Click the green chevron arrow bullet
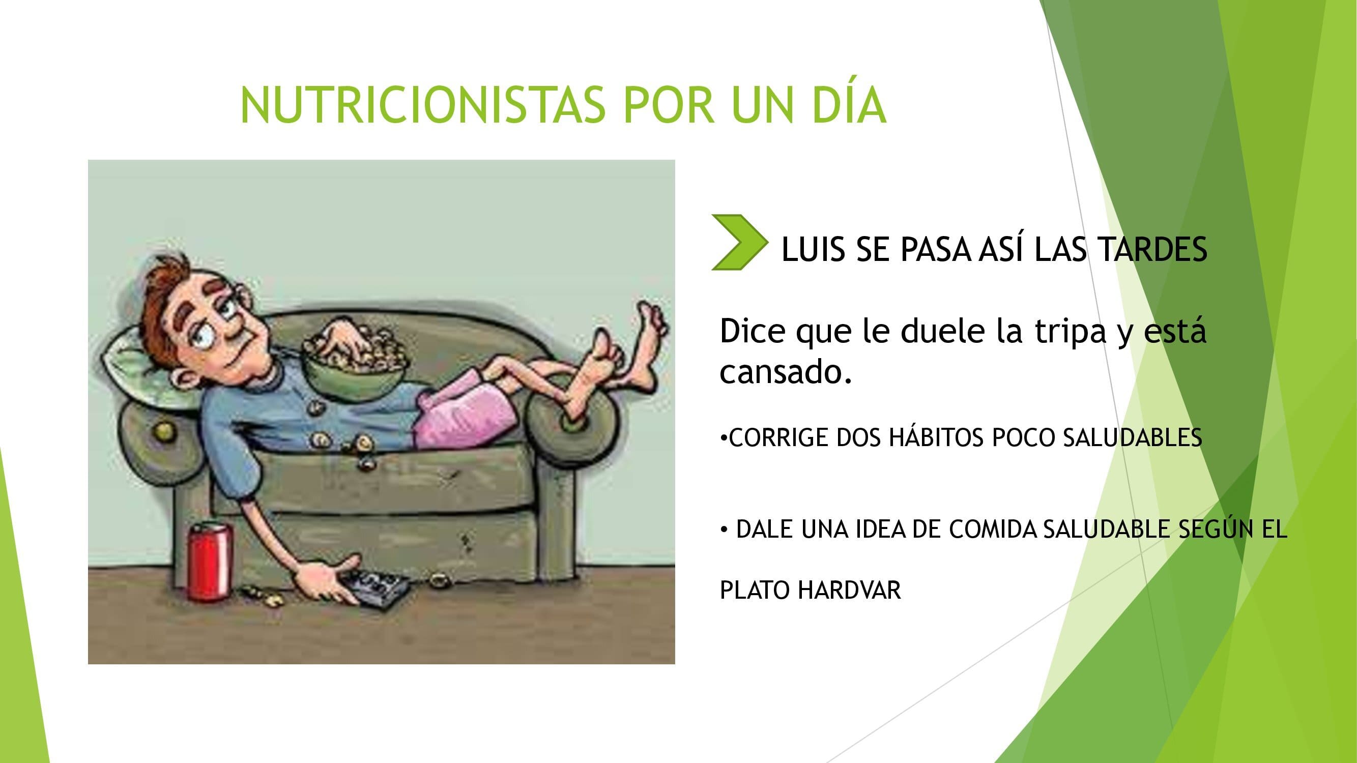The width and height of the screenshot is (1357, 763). pos(739,242)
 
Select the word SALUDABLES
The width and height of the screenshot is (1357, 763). pos(1133,437)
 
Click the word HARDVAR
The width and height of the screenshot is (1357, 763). pos(849,590)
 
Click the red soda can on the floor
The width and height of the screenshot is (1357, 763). pos(210,560)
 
